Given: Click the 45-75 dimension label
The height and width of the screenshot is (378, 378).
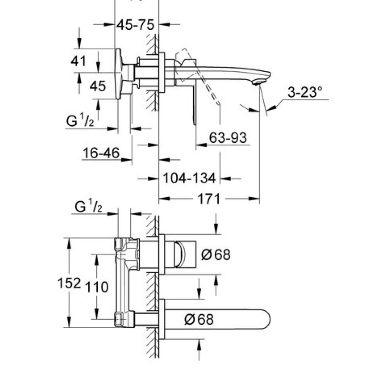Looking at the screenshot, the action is (135, 25).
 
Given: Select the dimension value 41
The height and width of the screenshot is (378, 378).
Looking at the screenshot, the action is (78, 61).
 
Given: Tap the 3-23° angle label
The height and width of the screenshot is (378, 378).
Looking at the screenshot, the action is (305, 92).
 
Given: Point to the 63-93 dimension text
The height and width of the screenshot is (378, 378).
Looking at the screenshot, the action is (228, 138).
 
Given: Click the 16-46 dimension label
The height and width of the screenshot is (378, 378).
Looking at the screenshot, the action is (101, 153).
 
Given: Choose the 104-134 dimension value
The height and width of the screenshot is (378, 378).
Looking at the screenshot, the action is (189, 179).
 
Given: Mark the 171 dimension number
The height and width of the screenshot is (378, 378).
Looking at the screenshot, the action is (209, 199).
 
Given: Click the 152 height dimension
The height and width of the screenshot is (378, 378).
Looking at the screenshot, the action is (69, 283).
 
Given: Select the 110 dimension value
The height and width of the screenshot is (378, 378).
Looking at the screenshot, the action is (97, 287).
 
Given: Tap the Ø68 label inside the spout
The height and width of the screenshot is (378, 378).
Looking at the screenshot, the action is (199, 319).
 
